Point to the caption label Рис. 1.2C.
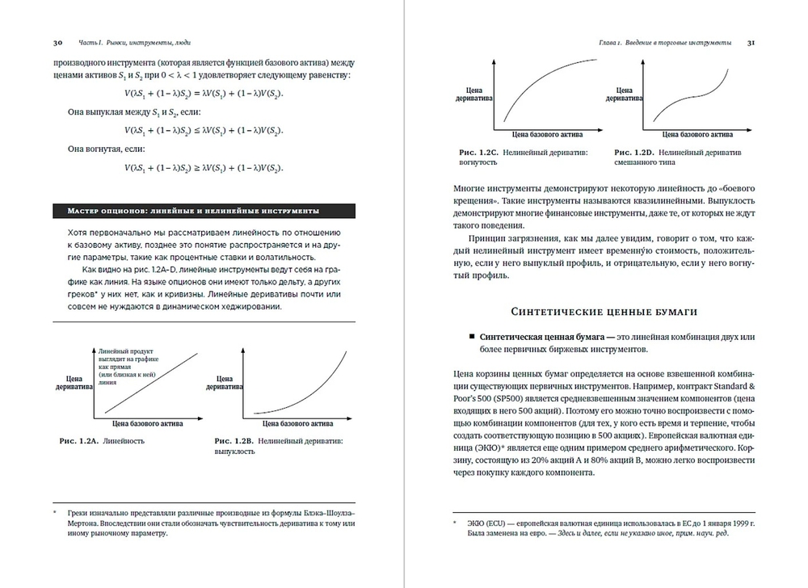[x=477, y=152]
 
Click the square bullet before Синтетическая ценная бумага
[x=469, y=339]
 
